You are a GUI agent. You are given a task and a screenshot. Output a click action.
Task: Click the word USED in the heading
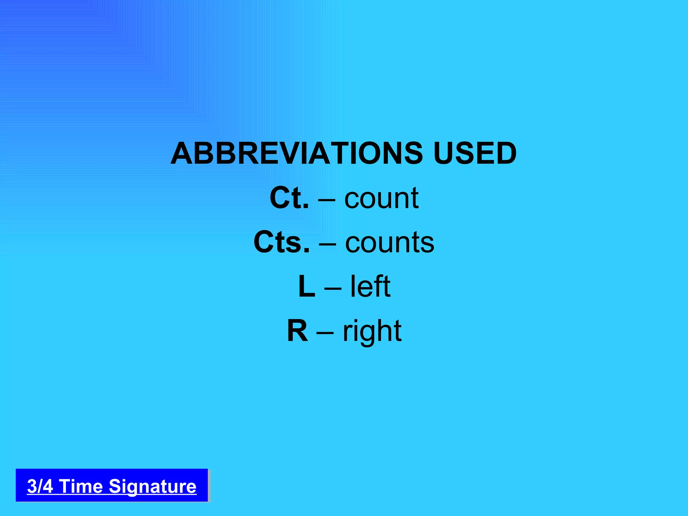click(475, 153)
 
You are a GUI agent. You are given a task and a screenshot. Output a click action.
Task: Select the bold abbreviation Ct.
click(289, 198)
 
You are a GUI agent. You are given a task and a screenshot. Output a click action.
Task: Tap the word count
click(381, 198)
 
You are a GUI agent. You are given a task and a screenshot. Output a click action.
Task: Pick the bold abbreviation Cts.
click(281, 242)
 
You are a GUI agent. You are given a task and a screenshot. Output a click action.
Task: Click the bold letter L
click(307, 287)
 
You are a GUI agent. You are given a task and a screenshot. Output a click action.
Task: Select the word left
click(370, 287)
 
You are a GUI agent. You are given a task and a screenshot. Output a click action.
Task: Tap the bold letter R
click(298, 331)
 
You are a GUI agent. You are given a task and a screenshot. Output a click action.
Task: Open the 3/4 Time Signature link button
click(112, 485)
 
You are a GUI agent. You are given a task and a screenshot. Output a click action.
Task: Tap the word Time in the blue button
click(81, 486)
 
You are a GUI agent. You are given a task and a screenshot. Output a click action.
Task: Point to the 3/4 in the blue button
click(40, 486)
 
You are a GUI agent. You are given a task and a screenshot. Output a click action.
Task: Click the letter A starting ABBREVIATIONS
click(182, 153)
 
